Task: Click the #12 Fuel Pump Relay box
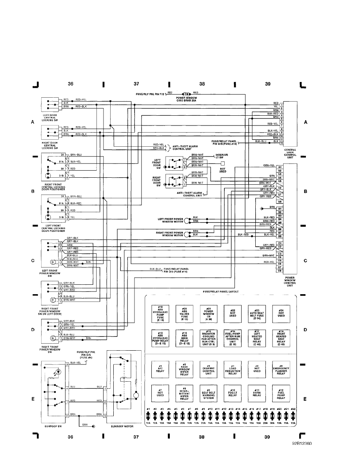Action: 281,393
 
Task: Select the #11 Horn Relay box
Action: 257,393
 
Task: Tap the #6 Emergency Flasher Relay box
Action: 281,369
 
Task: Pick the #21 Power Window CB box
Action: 208,313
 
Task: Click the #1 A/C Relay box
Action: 160,369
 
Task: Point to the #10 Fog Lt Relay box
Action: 233,393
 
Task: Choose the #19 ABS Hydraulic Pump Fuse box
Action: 160,313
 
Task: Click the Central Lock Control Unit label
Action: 290,153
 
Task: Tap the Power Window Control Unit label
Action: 290,282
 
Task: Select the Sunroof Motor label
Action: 122,425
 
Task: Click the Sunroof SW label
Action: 55,425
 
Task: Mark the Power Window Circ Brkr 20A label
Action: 186,99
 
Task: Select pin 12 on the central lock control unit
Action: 282,142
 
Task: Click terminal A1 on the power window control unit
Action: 280,167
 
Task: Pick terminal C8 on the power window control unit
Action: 280,271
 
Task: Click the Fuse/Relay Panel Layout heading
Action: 221,292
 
